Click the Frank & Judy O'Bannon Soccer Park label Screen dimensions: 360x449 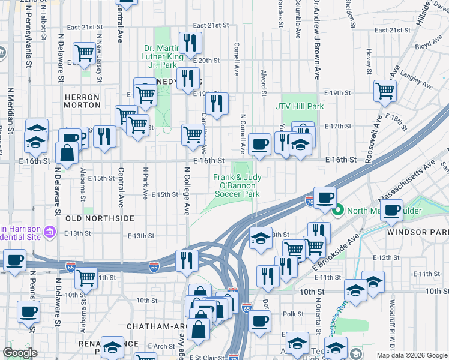click(237, 185)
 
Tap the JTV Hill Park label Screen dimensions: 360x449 click(300, 106)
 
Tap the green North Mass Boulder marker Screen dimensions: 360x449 click(338, 210)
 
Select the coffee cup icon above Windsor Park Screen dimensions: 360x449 click(391, 211)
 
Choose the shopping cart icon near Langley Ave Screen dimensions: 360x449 click(385, 91)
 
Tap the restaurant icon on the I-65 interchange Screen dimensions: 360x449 click(187, 260)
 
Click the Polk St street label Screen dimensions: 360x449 click(294, 314)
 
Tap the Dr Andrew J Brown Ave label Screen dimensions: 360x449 click(316, 39)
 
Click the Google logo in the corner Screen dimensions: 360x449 click(20, 352)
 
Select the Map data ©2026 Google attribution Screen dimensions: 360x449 click(411, 355)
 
